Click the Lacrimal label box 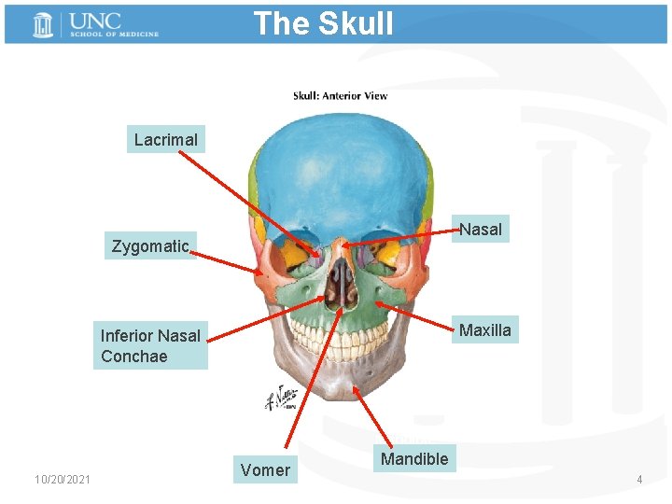click(165, 140)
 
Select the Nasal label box click(481, 229)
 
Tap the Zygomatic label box click(150, 246)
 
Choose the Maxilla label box click(485, 329)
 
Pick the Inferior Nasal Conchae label click(150, 345)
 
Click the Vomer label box click(265, 469)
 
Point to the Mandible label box click(414, 458)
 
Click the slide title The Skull click(323, 23)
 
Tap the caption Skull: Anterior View click(340, 95)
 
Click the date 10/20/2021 click(63, 480)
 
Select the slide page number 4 click(639, 480)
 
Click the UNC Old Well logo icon click(42, 24)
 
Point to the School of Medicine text click(113, 35)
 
